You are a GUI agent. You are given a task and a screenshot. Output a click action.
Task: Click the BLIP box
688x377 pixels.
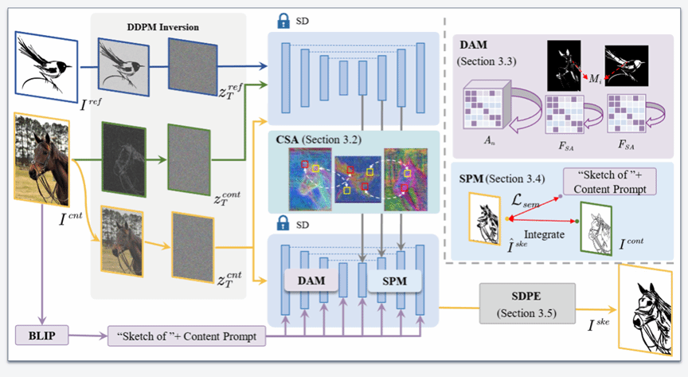pos(42,336)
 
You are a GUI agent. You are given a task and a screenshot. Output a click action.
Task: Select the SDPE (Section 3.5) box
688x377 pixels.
pos(527,304)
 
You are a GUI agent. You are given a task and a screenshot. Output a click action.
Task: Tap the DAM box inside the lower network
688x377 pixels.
pos(311,281)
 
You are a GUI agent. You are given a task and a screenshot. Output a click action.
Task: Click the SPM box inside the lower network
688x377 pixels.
pos(394,281)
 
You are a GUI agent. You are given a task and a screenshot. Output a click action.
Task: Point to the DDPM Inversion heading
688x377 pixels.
pos(162,27)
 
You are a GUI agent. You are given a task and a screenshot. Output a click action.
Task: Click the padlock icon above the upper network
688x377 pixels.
pos(283,21)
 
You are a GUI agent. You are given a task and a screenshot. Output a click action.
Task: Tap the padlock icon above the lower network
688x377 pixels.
pos(283,224)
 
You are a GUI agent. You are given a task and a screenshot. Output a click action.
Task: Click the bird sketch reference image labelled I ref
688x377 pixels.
pos(46,66)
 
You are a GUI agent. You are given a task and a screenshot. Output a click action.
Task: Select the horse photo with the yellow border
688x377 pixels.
pos(41,159)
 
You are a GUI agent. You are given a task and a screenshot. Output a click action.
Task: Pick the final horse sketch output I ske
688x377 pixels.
pos(645,310)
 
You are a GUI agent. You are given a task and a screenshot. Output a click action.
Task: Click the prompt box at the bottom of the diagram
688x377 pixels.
pos(186,336)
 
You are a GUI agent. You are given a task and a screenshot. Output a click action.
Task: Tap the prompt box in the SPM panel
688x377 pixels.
pos(610,182)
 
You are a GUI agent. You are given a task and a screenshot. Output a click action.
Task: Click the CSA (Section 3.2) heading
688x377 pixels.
pos(319,139)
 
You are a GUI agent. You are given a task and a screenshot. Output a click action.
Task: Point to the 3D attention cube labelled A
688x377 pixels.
pos(487,104)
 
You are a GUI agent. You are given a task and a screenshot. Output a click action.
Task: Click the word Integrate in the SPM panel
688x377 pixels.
pos(544,234)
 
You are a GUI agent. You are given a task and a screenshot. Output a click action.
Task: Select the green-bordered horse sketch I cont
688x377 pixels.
pos(596,229)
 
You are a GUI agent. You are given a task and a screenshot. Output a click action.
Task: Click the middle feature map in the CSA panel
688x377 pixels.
pos(358,179)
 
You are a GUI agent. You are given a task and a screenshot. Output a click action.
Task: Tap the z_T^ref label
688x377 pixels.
pos(231,91)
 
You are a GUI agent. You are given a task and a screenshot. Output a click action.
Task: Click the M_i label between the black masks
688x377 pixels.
pos(595,79)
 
